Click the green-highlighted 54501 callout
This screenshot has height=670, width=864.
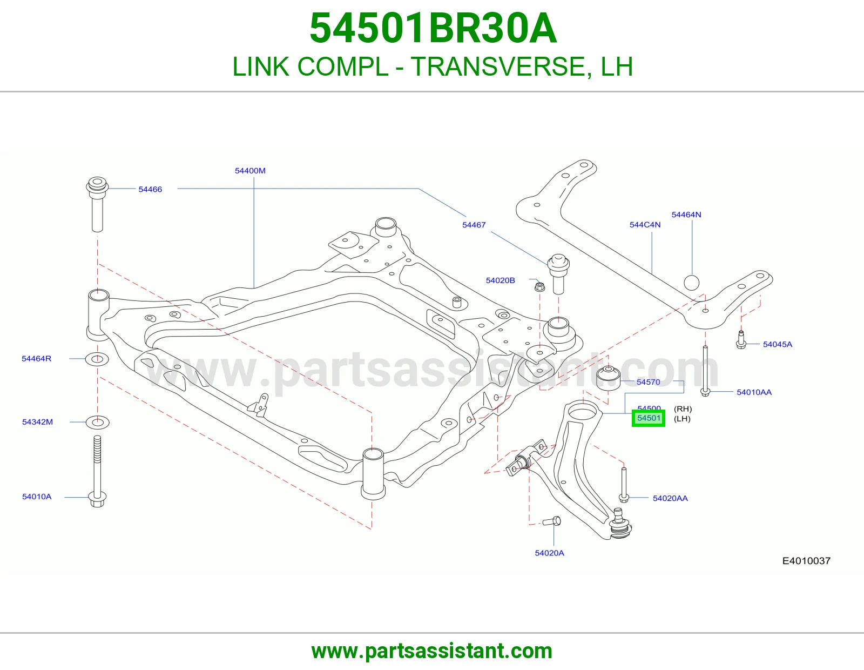(648, 418)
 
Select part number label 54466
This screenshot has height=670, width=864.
(150, 189)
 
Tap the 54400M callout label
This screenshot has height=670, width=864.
(250, 171)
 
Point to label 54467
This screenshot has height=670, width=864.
(474, 225)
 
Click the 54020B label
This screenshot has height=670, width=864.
(500, 280)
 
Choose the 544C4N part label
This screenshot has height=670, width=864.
(645, 225)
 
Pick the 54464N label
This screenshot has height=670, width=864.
(686, 215)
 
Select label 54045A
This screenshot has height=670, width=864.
(777, 345)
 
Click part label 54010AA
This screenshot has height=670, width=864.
(754, 392)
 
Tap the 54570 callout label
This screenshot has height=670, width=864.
(648, 382)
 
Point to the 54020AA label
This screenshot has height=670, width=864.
(670, 498)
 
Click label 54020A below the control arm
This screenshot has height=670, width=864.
(549, 553)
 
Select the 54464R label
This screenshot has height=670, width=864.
(36, 358)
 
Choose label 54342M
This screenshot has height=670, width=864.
(37, 422)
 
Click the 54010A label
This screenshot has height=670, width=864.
(37, 497)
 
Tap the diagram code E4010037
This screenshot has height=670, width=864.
(806, 561)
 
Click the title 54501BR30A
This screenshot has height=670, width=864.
(433, 28)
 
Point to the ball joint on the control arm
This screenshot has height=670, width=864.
(619, 524)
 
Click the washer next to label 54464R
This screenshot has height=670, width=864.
(97, 359)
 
